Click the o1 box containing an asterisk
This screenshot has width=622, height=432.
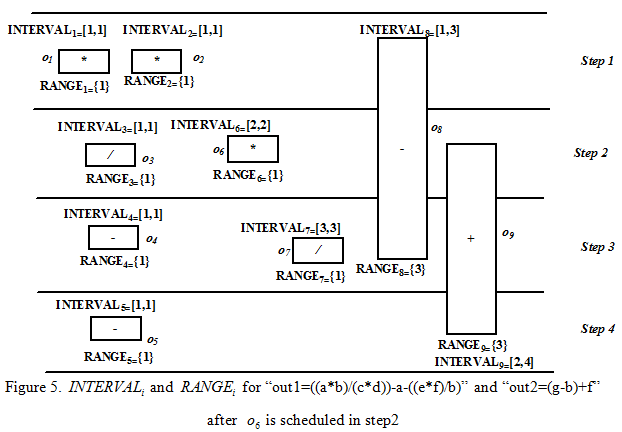(x=83, y=61)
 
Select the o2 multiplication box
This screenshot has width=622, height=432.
(x=156, y=61)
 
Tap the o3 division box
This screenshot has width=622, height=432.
(x=110, y=156)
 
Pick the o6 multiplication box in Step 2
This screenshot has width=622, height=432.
(x=252, y=149)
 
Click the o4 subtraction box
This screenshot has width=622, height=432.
(x=113, y=238)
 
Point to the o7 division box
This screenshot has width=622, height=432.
(x=317, y=250)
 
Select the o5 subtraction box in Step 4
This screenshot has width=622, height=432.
(x=115, y=329)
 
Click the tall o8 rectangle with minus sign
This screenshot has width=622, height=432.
(x=401, y=148)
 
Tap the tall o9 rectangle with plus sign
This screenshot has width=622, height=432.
(x=470, y=238)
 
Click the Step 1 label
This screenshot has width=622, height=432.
(x=597, y=61)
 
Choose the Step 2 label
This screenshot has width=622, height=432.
(x=590, y=153)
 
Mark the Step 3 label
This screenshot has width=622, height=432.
(x=597, y=246)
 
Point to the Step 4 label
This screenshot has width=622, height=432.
(x=597, y=329)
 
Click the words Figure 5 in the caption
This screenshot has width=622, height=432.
(x=42, y=387)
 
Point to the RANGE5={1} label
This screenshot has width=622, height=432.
(x=118, y=355)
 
